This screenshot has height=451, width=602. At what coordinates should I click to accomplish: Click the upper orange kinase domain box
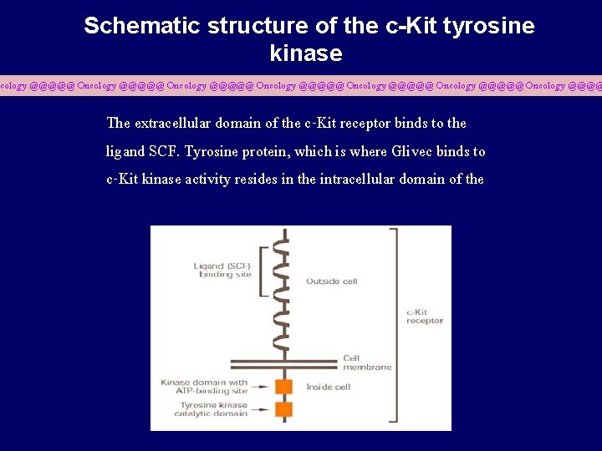pos(284,387)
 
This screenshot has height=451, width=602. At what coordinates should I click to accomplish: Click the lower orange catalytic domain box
pos(284,409)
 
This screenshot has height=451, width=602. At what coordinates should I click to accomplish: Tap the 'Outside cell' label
pos(332,281)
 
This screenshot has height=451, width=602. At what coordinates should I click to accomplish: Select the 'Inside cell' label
pos(329,387)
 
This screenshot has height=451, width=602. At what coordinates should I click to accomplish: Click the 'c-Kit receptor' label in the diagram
pos(425,317)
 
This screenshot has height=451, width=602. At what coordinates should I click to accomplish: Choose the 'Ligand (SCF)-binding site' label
pos(222,271)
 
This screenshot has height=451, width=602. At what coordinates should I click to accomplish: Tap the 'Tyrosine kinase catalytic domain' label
pos(213,409)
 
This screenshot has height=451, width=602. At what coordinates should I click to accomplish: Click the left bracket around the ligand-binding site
pos(263,271)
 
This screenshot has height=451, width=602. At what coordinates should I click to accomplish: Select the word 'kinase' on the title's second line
pos(306,54)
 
